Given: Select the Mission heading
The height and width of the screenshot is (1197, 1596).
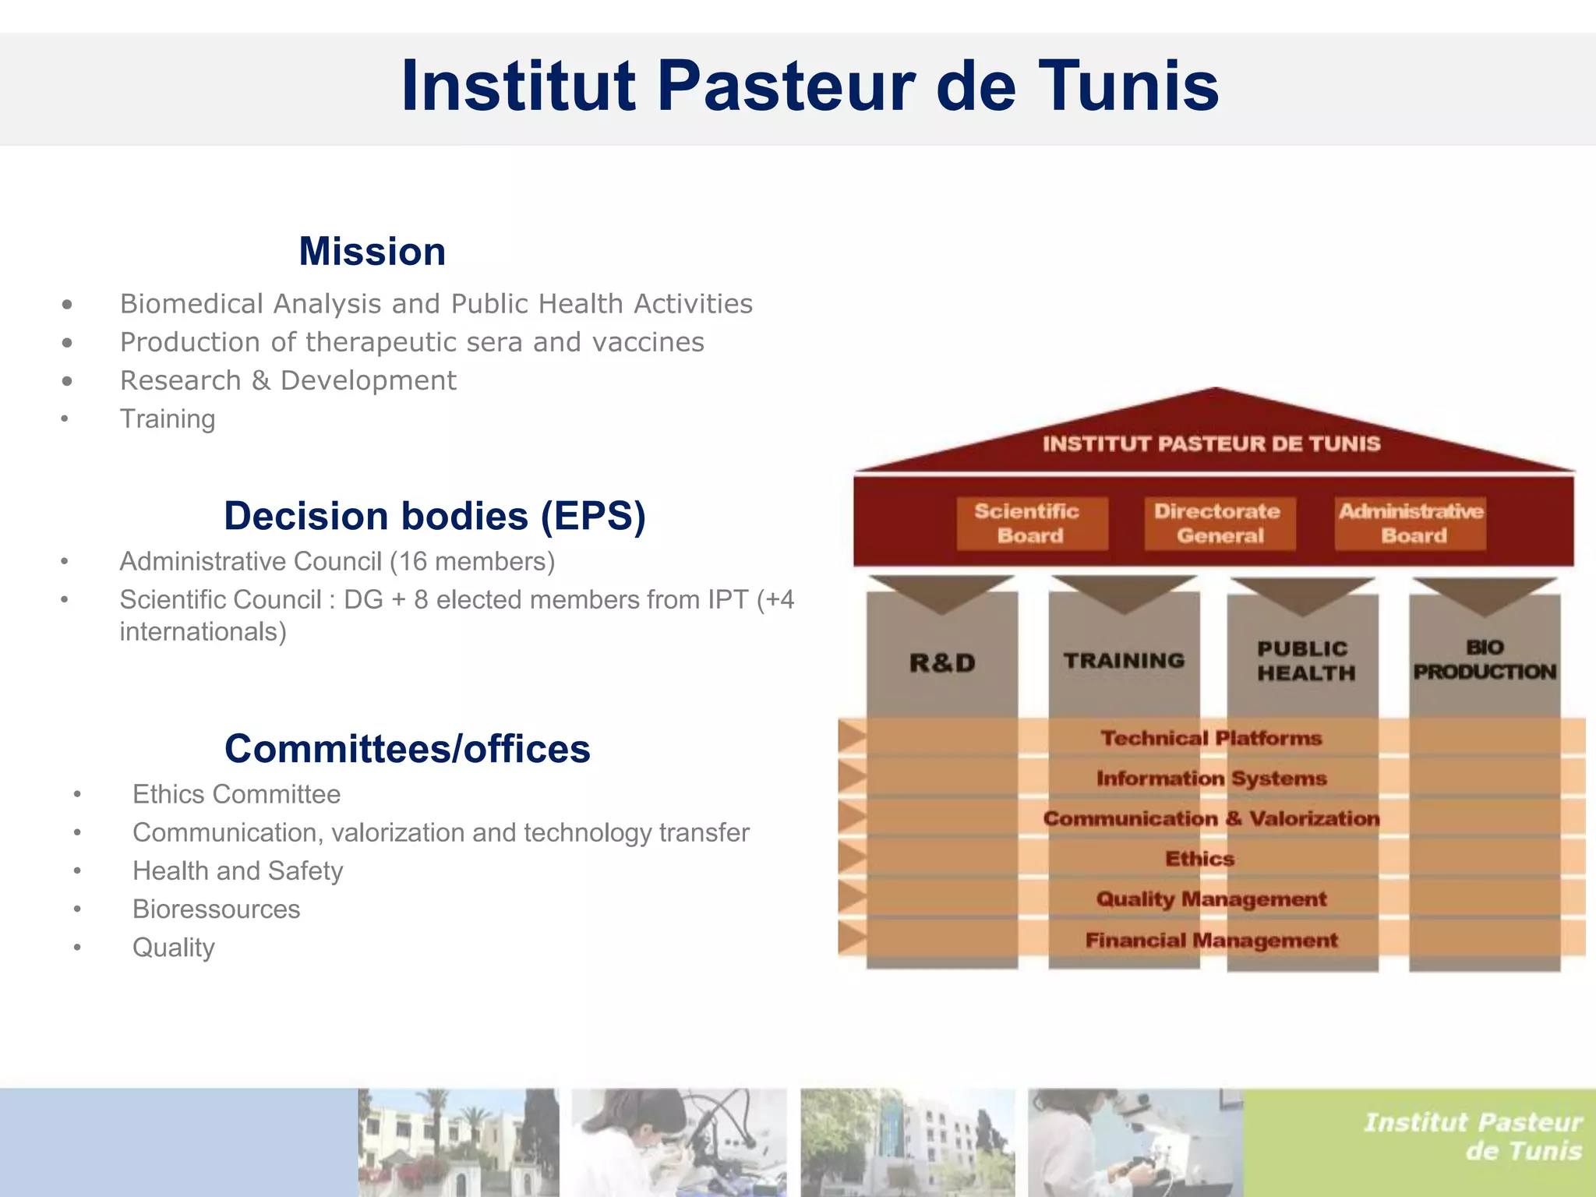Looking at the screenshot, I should pos(372,251).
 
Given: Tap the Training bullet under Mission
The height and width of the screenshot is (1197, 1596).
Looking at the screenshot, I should pos(168,419).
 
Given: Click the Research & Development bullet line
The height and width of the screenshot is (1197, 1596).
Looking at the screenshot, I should pos(288,380).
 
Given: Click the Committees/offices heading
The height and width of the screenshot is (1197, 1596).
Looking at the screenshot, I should pos(407,748).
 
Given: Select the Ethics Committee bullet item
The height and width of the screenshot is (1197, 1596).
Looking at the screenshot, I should pos(236,794).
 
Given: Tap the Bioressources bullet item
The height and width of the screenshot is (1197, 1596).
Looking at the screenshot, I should pos(216,909).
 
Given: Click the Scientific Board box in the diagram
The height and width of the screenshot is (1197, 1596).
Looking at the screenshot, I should pos(1030,524).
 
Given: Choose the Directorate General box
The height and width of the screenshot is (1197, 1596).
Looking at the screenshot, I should pos(1219,524).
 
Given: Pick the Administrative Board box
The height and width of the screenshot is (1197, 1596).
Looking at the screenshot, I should pos(1411,524).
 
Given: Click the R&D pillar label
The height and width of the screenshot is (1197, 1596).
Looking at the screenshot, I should pos(942,663).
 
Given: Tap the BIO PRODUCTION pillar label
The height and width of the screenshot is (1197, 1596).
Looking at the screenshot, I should pos(1485,660).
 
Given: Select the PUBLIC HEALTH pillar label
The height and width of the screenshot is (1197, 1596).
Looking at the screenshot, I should pos(1305,661).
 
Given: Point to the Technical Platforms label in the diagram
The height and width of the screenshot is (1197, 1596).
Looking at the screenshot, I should pos(1211,738).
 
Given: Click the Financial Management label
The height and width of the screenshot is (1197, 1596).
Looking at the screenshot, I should pos(1211,941).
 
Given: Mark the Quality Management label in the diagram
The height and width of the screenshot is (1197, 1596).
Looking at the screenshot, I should pos(1211,899).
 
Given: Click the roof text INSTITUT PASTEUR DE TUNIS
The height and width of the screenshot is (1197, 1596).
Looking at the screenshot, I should pos(1211,444).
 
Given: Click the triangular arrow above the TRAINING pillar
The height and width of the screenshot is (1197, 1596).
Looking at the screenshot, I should pos(1123,593).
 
